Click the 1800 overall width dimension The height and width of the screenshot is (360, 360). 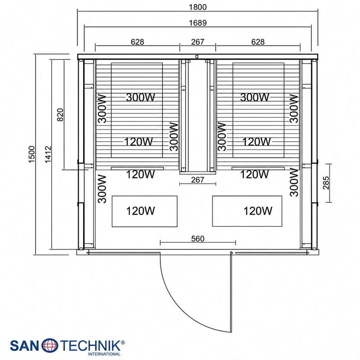[198, 7]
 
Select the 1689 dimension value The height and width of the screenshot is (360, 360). [198, 23]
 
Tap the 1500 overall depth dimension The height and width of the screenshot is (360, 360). [31, 154]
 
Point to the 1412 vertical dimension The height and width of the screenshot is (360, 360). [48, 154]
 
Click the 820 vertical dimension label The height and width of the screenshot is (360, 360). [60, 115]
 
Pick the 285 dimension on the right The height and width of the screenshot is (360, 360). [326, 183]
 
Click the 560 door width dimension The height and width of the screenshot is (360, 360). [198, 239]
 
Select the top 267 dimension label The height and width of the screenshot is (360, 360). [198, 42]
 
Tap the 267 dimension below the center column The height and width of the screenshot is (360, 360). [198, 180]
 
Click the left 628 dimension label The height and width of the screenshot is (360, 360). [137, 42]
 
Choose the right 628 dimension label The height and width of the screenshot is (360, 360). [258, 42]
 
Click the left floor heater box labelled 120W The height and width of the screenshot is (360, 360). [144, 211]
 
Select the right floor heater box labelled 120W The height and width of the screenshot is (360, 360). [247, 211]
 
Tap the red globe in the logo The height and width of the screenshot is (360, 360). [49, 345]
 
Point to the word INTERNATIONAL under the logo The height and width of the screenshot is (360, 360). [104, 354]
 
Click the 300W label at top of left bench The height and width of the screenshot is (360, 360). [140, 97]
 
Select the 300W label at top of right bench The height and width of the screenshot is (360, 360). [255, 97]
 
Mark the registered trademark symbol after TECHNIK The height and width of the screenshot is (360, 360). [123, 342]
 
